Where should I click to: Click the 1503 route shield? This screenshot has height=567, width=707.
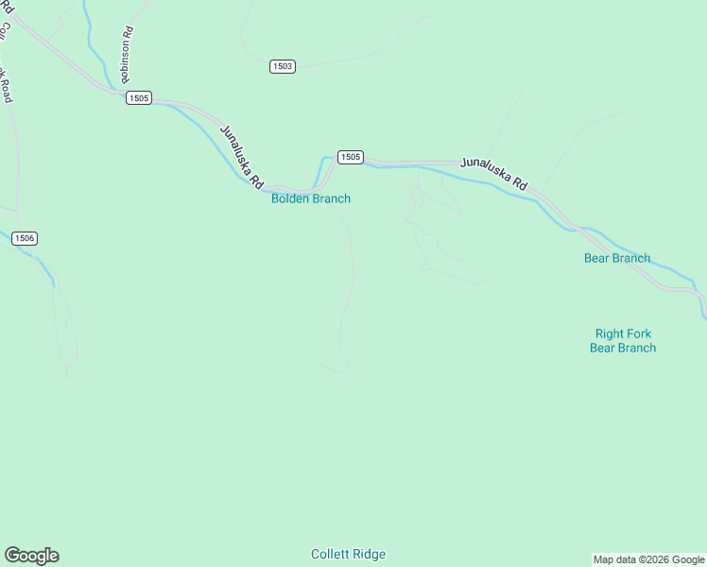[282, 66]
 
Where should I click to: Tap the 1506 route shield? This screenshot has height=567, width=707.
[25, 238]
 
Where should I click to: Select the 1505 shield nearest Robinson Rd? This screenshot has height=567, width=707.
[138, 98]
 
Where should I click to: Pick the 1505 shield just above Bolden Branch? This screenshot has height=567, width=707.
[350, 157]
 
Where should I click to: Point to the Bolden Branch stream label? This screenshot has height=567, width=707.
[311, 198]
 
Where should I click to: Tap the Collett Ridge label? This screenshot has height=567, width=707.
[349, 555]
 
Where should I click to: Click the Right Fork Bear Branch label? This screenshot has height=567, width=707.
[623, 340]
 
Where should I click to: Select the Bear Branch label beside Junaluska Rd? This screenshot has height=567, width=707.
[617, 258]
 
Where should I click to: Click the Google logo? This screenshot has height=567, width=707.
[31, 556]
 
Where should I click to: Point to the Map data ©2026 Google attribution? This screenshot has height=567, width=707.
[648, 559]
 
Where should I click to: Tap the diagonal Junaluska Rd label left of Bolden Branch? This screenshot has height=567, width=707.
[241, 156]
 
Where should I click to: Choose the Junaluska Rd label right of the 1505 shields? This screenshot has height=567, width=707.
[493, 174]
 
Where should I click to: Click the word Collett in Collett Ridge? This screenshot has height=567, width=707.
[331, 555]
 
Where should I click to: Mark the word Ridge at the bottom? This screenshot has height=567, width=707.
[370, 555]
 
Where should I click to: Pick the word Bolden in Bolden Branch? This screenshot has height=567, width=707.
[291, 198]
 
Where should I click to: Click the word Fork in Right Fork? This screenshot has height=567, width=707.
[638, 334]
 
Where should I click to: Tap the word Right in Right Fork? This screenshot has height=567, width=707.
[610, 334]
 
